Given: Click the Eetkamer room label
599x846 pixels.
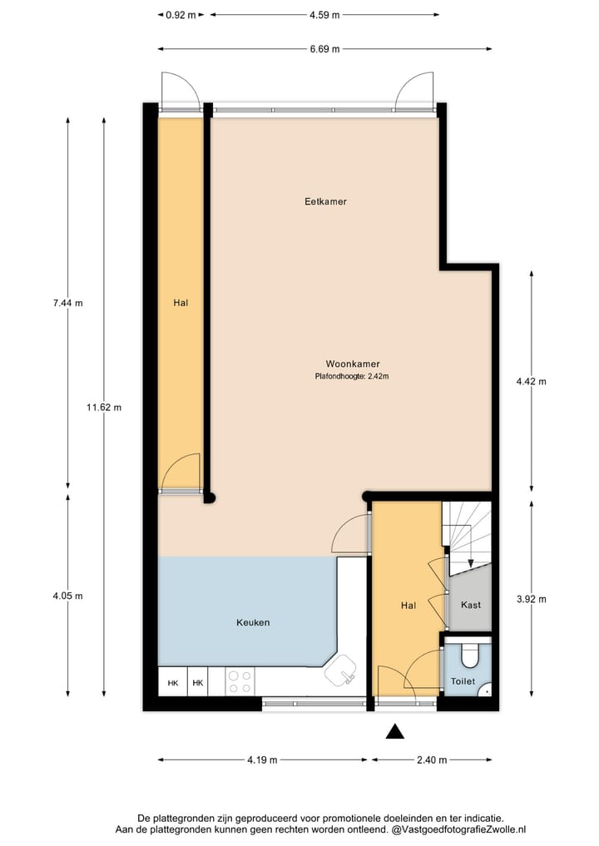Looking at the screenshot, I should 324,201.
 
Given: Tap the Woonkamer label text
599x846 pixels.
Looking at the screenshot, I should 347,364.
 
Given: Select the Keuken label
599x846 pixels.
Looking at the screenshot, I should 253,622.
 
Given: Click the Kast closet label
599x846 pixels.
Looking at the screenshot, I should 470,605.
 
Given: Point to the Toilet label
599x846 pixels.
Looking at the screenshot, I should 463,680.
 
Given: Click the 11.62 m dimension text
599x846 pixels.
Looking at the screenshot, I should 104,408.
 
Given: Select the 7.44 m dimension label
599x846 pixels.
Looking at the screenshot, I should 67,303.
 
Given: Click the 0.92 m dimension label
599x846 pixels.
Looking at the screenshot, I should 181,14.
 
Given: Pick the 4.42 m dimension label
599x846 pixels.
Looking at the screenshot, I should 531,382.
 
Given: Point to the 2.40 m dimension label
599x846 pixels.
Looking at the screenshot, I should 432,759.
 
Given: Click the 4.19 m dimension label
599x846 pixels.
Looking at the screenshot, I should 261,759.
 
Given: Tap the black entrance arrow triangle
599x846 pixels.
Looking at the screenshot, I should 395,731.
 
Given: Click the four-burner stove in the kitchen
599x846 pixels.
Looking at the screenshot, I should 240,682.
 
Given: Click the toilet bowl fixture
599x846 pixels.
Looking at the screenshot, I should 469,656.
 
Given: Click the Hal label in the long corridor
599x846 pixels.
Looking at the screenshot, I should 181,303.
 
